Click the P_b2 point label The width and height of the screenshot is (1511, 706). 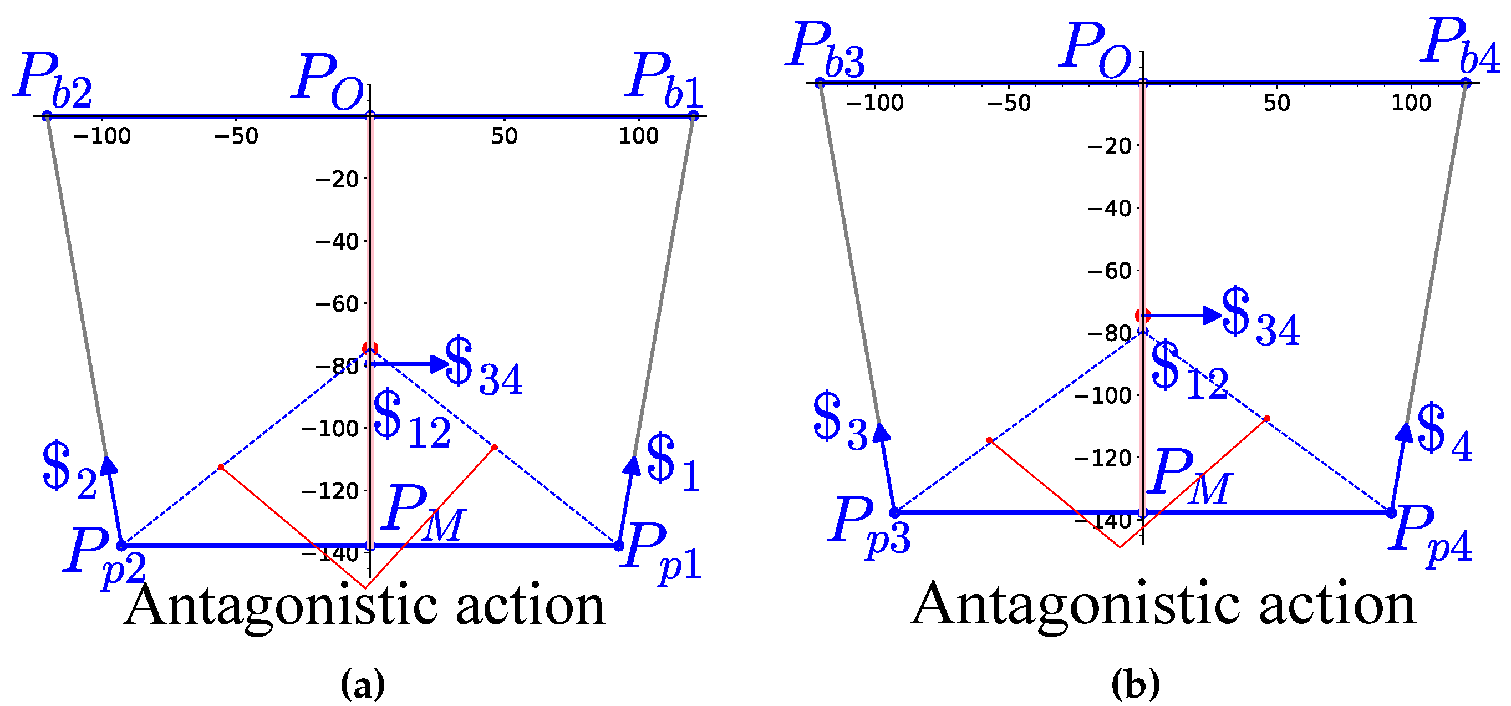tap(53, 79)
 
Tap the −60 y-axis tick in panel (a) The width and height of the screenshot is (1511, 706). tap(337, 304)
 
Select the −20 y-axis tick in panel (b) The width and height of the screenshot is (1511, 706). tap(1110, 145)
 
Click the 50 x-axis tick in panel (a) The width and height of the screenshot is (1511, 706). tap(505, 136)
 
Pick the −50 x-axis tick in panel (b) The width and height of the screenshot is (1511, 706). tap(1009, 103)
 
